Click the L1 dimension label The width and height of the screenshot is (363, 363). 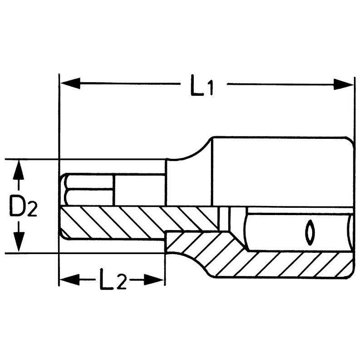point(201,85)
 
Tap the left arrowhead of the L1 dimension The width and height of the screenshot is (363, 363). point(70,83)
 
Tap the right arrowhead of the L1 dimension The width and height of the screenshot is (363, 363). point(343,84)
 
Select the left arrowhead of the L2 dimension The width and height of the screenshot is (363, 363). point(69,280)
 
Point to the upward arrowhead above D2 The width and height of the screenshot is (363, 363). point(18,170)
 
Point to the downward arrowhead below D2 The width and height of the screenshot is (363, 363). point(19,242)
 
